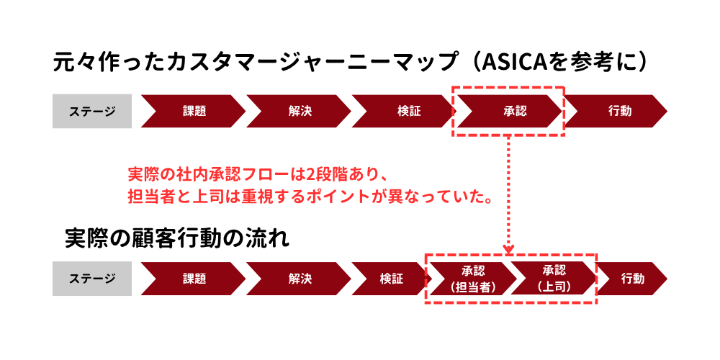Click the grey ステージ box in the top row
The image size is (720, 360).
coord(92,111)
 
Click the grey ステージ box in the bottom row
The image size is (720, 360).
coord(92,279)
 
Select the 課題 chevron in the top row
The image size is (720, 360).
coord(193,111)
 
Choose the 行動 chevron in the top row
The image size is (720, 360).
coord(618,111)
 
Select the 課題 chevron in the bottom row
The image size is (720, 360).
coord(193,279)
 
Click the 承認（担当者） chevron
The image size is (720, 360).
coord(469,279)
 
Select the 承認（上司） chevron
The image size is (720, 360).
coord(553,279)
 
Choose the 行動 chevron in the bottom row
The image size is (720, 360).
coord(631,279)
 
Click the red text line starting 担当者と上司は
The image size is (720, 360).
coord(310,197)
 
